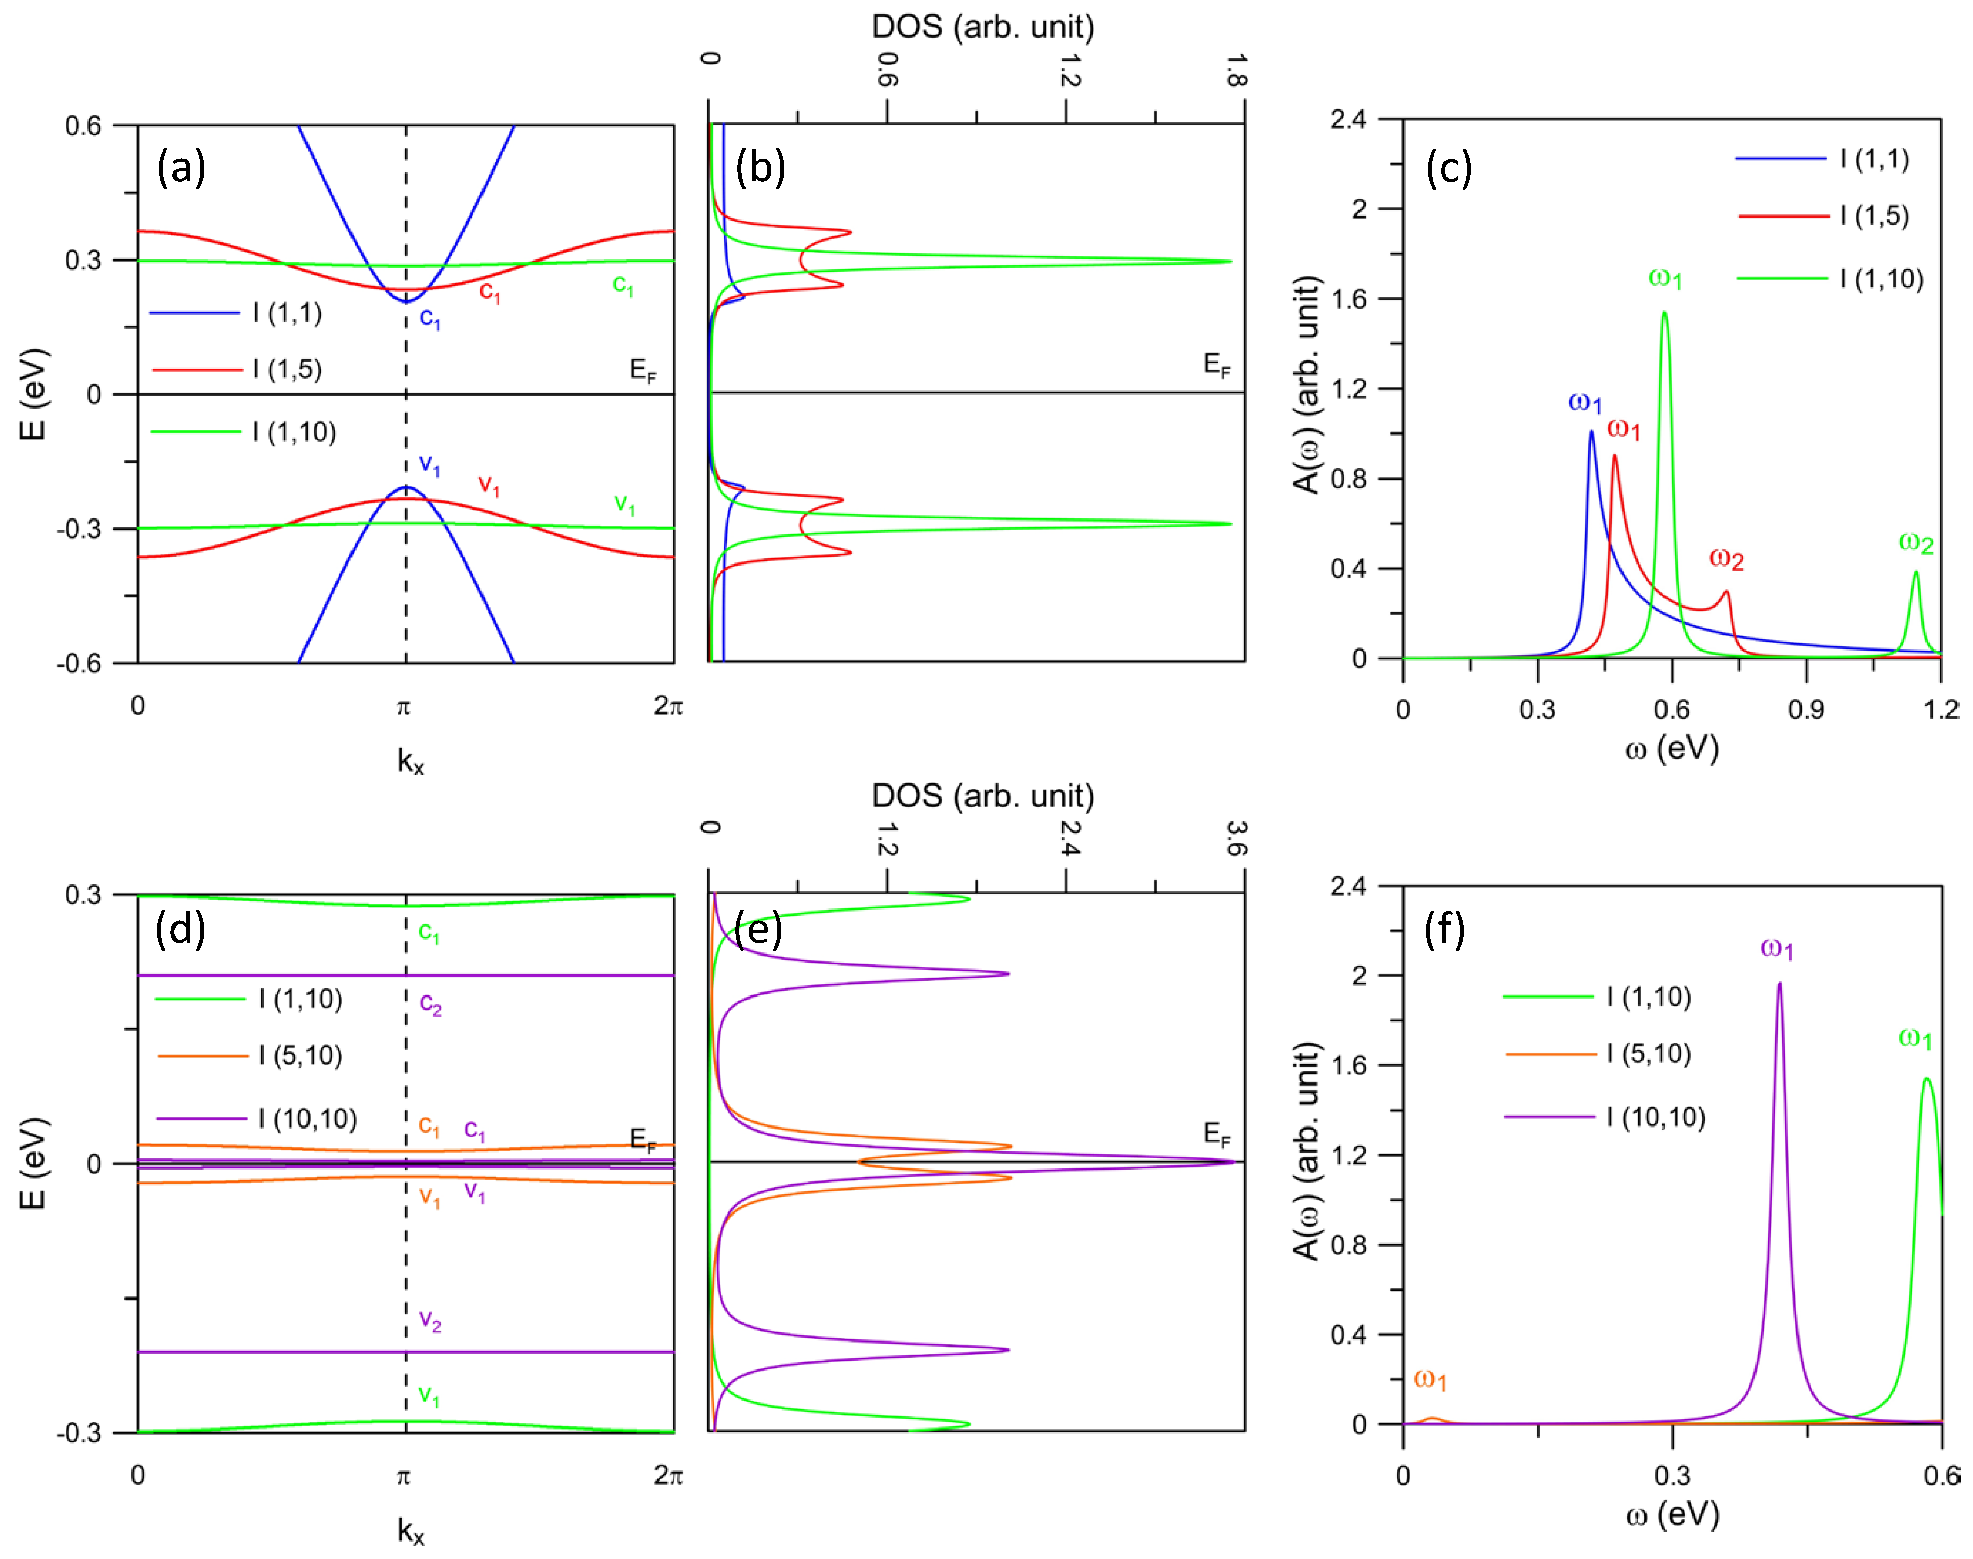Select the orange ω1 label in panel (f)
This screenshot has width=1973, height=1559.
1430,1379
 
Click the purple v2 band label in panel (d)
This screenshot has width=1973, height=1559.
430,1321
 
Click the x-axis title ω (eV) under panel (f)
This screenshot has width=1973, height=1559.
1672,1514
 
